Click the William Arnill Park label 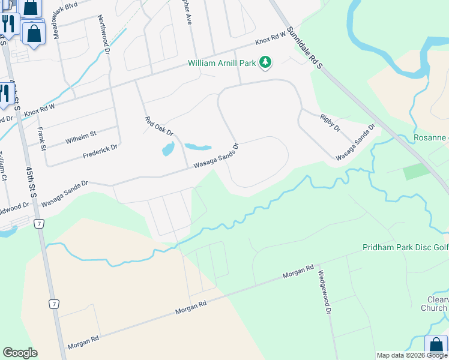(x=221, y=63)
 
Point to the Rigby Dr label (x=330, y=122)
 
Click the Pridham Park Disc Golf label (x=405, y=247)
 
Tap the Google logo (x=20, y=353)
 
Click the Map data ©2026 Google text (x=412, y=355)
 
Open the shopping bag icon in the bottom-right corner (x=436, y=347)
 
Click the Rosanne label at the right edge (x=430, y=137)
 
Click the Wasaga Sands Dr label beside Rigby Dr (x=355, y=143)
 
